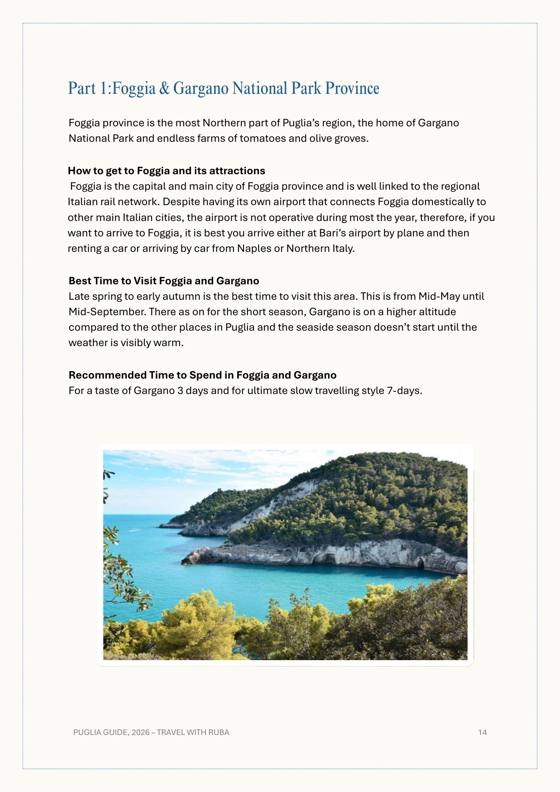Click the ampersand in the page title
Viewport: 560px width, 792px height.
164,88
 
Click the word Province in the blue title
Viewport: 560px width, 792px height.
352,88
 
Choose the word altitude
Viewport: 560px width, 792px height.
437,312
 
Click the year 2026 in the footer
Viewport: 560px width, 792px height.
141,732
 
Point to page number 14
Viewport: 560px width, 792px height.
482,732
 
